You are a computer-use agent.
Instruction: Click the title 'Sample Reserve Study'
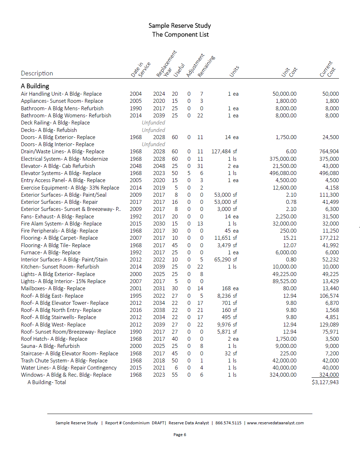(x=180, y=26)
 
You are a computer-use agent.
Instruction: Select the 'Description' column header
(x=37, y=73)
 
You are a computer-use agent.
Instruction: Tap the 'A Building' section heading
(x=35, y=86)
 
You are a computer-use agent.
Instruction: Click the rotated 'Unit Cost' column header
(x=289, y=71)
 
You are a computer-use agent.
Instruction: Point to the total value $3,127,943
(x=325, y=382)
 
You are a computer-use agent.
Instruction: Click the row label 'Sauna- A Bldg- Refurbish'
(x=50, y=346)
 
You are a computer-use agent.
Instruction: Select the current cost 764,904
(x=329, y=152)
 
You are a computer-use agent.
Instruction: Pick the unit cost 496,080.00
(x=283, y=173)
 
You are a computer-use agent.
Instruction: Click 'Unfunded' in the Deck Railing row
(x=153, y=123)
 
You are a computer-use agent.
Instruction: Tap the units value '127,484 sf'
(x=224, y=152)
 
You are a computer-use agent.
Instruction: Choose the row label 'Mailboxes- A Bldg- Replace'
(x=53, y=288)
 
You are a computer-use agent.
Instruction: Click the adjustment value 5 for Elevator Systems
(x=189, y=173)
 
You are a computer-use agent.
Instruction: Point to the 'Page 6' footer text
(x=180, y=435)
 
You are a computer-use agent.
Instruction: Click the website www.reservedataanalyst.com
(x=275, y=423)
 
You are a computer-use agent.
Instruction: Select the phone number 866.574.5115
(x=228, y=423)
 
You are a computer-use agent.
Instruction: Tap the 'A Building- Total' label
(x=47, y=382)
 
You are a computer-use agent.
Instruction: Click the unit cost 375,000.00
(x=283, y=159)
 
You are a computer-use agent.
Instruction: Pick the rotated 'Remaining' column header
(x=206, y=67)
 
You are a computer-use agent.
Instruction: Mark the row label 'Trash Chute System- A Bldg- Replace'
(x=64, y=361)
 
